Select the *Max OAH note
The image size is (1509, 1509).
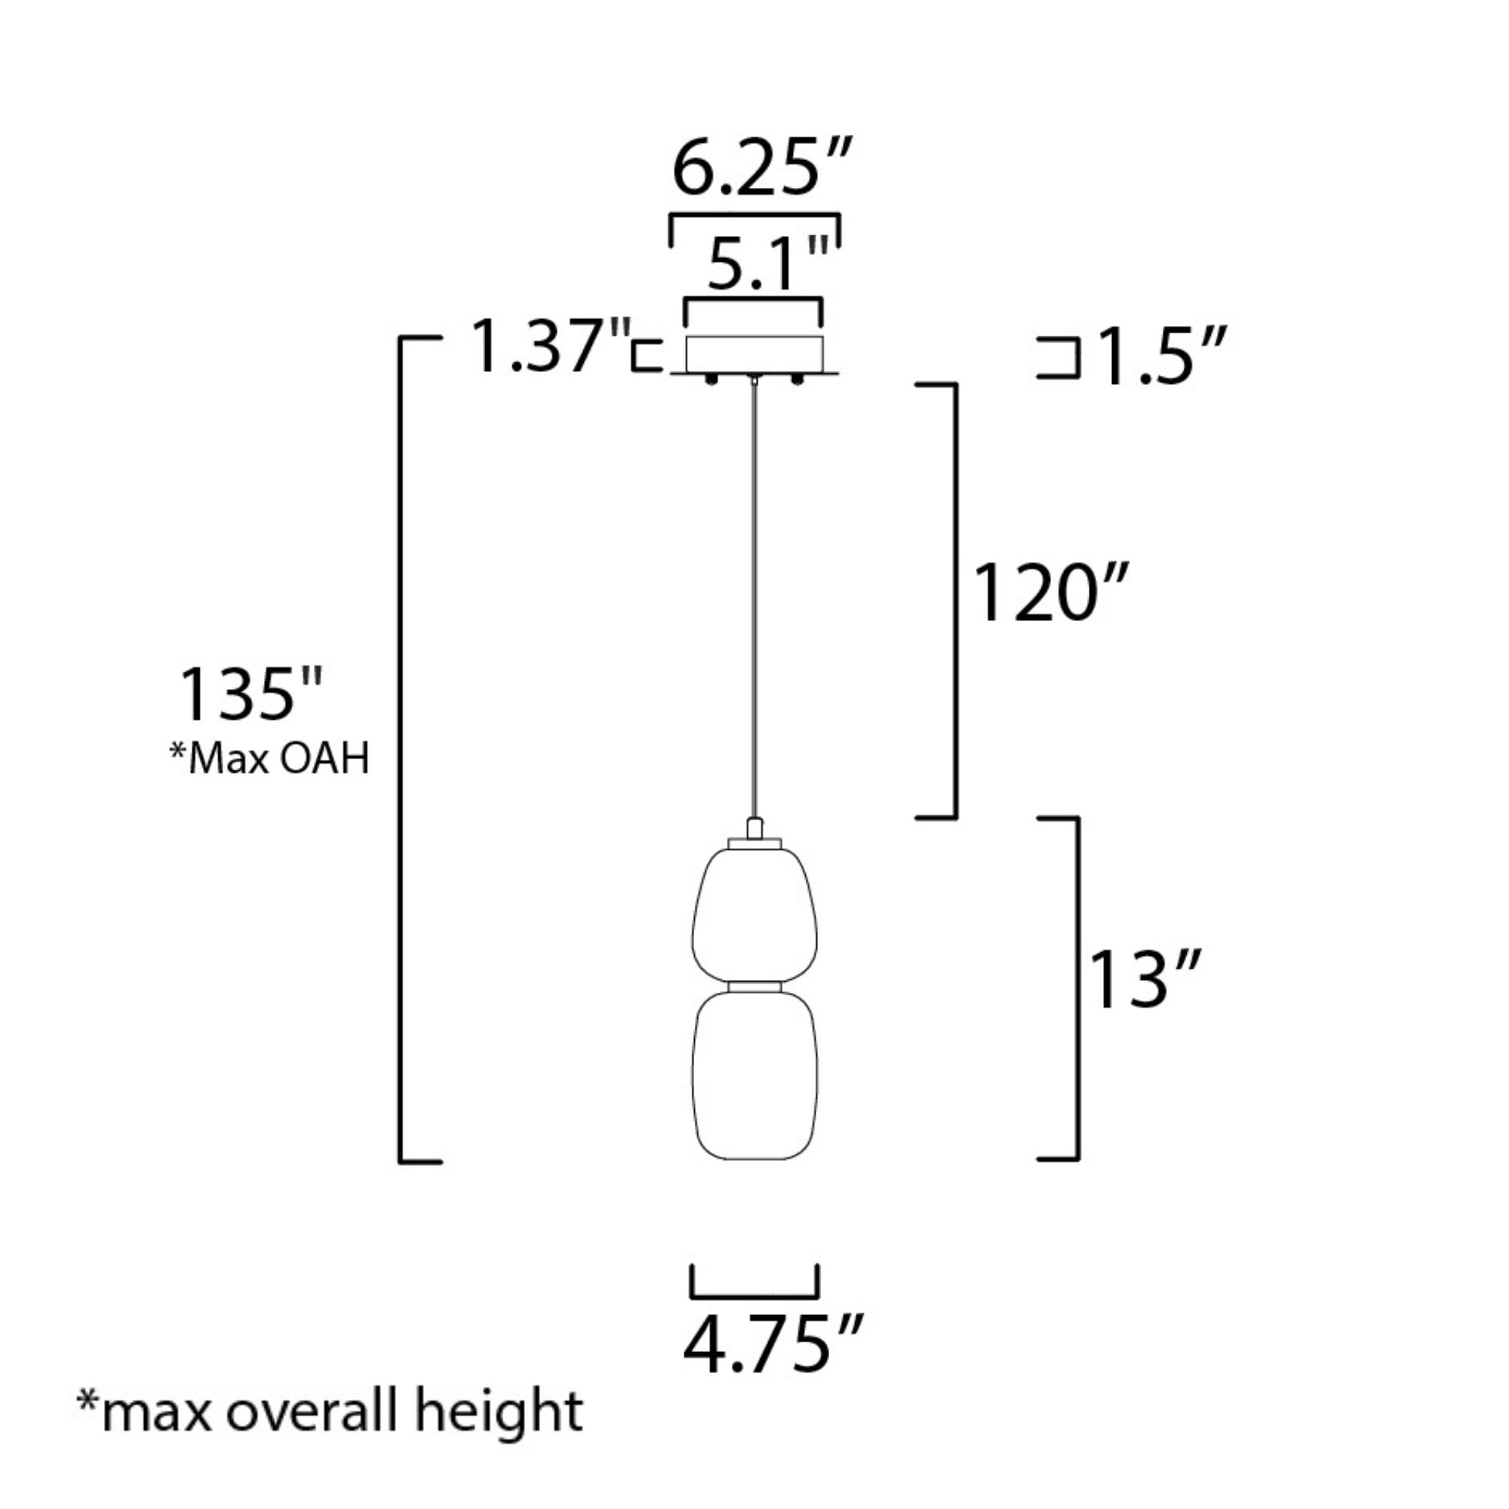coord(269,758)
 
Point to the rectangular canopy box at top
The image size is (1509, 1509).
coord(754,354)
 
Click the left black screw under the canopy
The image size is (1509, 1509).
coord(711,380)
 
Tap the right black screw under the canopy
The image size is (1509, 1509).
coord(798,380)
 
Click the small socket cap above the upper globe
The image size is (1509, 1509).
coord(754,828)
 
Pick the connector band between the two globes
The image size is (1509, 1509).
coord(754,987)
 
